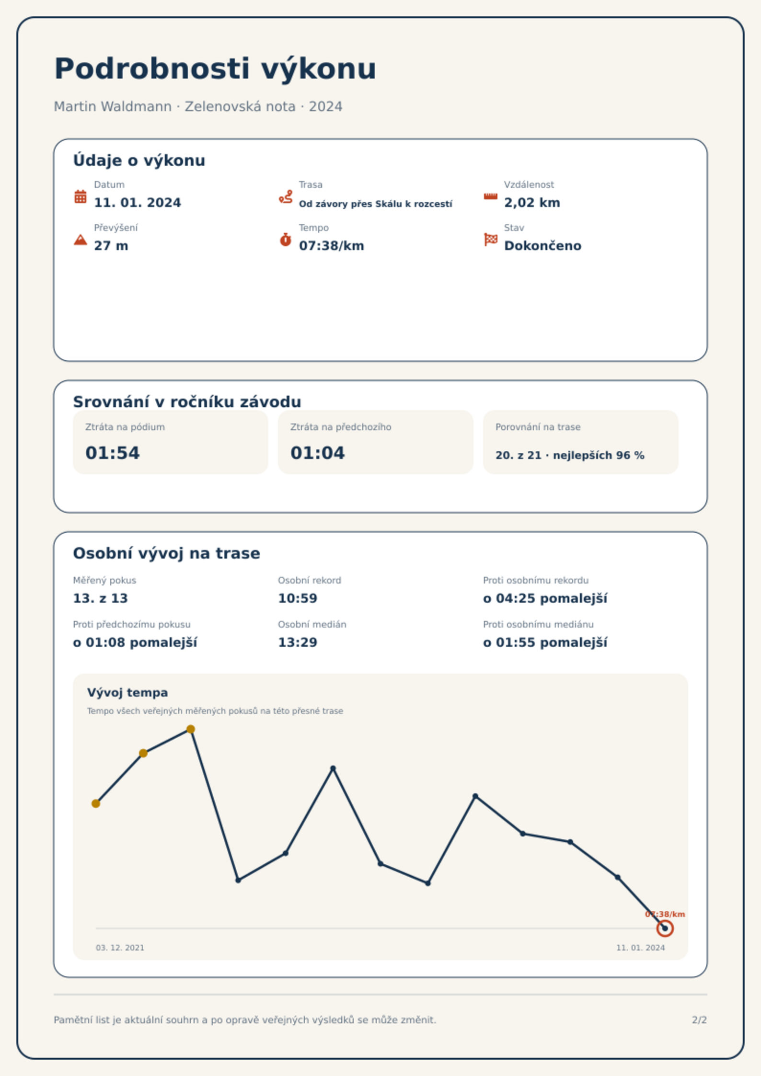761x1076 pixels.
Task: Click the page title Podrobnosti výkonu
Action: point(215,69)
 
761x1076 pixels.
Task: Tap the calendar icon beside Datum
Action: point(81,196)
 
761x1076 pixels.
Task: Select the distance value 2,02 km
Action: point(532,203)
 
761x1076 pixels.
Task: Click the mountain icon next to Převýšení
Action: point(81,240)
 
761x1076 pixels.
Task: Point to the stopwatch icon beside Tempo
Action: point(286,240)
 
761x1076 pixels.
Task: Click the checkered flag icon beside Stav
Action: point(491,239)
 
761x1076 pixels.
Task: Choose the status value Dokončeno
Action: point(542,246)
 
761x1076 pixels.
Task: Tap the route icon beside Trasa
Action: point(286,197)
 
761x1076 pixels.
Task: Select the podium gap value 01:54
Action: point(113,453)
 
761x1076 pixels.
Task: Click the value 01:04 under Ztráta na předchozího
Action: point(318,453)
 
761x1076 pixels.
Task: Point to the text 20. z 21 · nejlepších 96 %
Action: point(570,455)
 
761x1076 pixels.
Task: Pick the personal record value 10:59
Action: point(298,598)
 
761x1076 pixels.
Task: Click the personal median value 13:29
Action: point(298,642)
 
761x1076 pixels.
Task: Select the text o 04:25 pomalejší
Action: point(545,598)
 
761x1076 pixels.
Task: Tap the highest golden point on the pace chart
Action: point(191,729)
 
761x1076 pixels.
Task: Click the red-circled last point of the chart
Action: point(665,928)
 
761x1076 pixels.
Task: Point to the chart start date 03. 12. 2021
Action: point(120,948)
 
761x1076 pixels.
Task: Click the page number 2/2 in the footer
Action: point(699,1020)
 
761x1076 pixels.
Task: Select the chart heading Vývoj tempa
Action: point(127,693)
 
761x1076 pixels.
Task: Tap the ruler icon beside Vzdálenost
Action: point(491,196)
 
